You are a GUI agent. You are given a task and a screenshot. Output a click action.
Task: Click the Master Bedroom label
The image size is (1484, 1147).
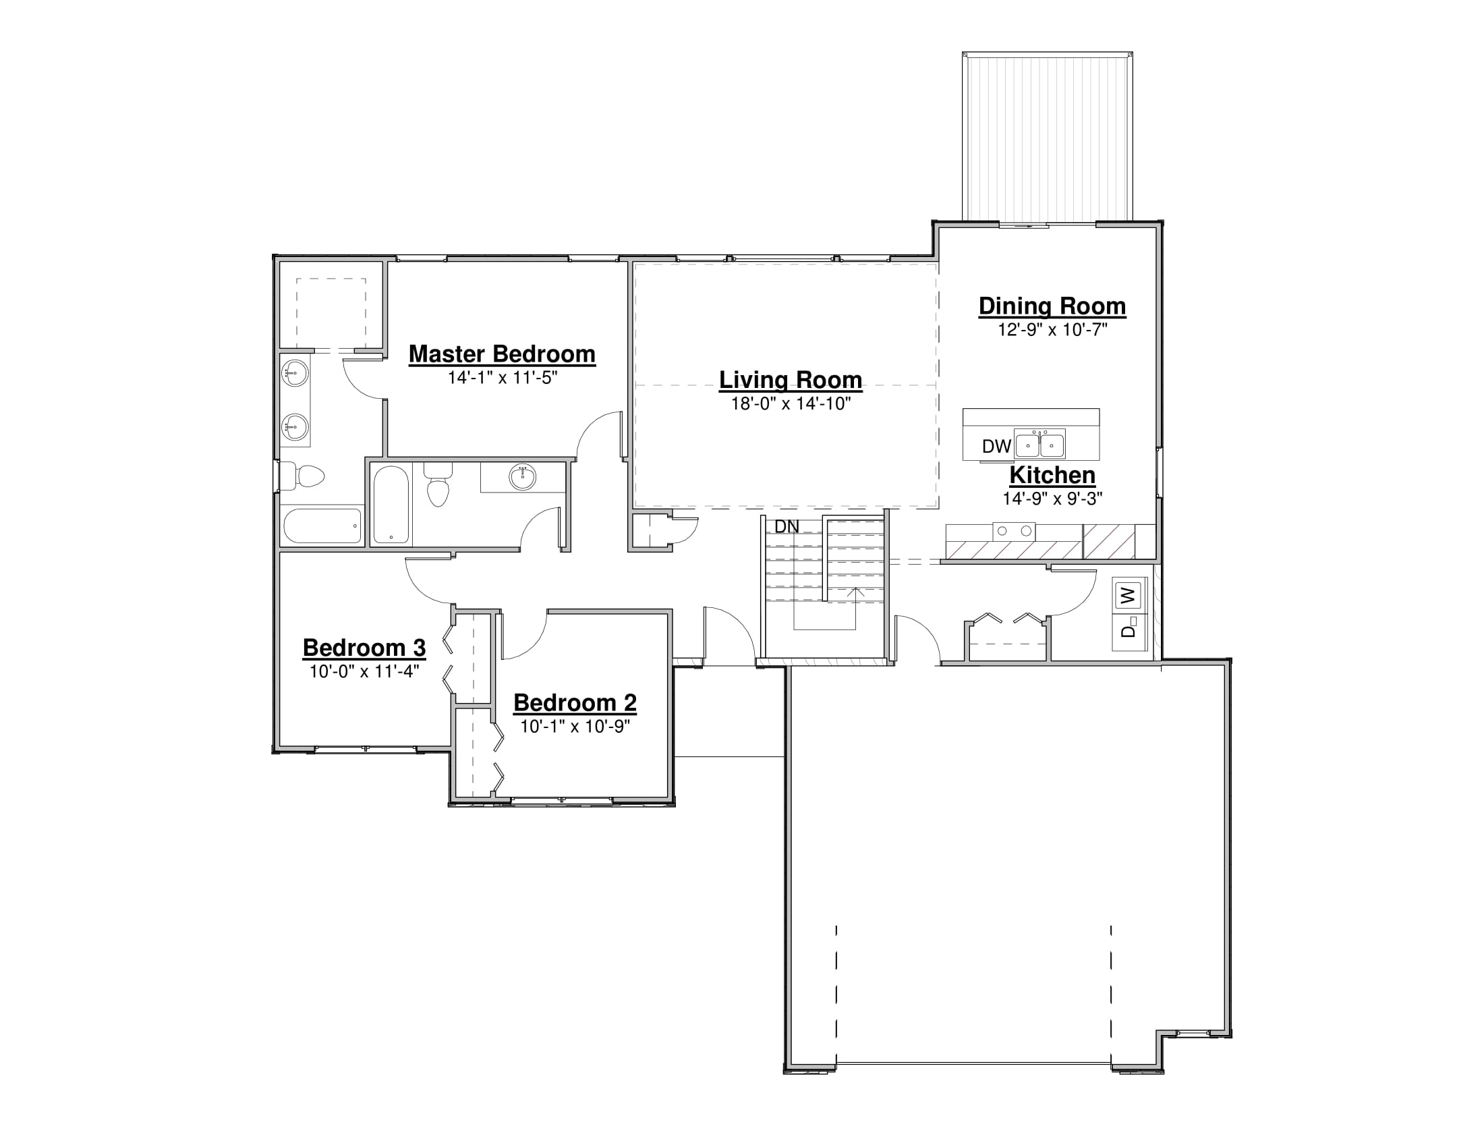(502, 354)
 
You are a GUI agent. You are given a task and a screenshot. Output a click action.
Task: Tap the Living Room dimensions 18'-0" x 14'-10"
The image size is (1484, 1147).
(791, 403)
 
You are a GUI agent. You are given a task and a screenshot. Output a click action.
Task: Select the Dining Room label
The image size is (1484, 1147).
(1052, 306)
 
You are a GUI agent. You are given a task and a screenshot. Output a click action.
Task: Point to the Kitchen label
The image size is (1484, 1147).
(1052, 475)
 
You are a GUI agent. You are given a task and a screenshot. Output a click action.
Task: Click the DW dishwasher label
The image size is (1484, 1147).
(997, 447)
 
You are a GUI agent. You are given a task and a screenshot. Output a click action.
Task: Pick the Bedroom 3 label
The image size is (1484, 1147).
(364, 648)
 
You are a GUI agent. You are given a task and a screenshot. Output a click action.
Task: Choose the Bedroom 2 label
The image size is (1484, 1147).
(575, 702)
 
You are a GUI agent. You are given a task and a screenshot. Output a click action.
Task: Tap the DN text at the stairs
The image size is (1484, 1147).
(787, 527)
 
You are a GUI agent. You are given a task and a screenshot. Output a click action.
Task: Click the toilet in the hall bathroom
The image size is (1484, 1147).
(438, 484)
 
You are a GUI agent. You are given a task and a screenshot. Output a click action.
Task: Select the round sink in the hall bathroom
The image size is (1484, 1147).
(523, 477)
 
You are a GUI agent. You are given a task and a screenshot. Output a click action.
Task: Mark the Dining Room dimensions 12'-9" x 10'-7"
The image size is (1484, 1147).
(1052, 330)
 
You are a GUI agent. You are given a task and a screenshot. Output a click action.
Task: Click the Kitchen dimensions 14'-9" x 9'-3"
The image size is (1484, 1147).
(1052, 499)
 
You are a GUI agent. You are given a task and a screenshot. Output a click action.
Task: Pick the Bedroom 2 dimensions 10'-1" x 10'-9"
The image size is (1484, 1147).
(575, 727)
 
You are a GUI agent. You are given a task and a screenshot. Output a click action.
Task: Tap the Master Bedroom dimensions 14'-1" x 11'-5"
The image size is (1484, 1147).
(502, 378)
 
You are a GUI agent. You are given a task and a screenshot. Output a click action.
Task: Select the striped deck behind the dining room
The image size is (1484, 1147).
(1047, 136)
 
